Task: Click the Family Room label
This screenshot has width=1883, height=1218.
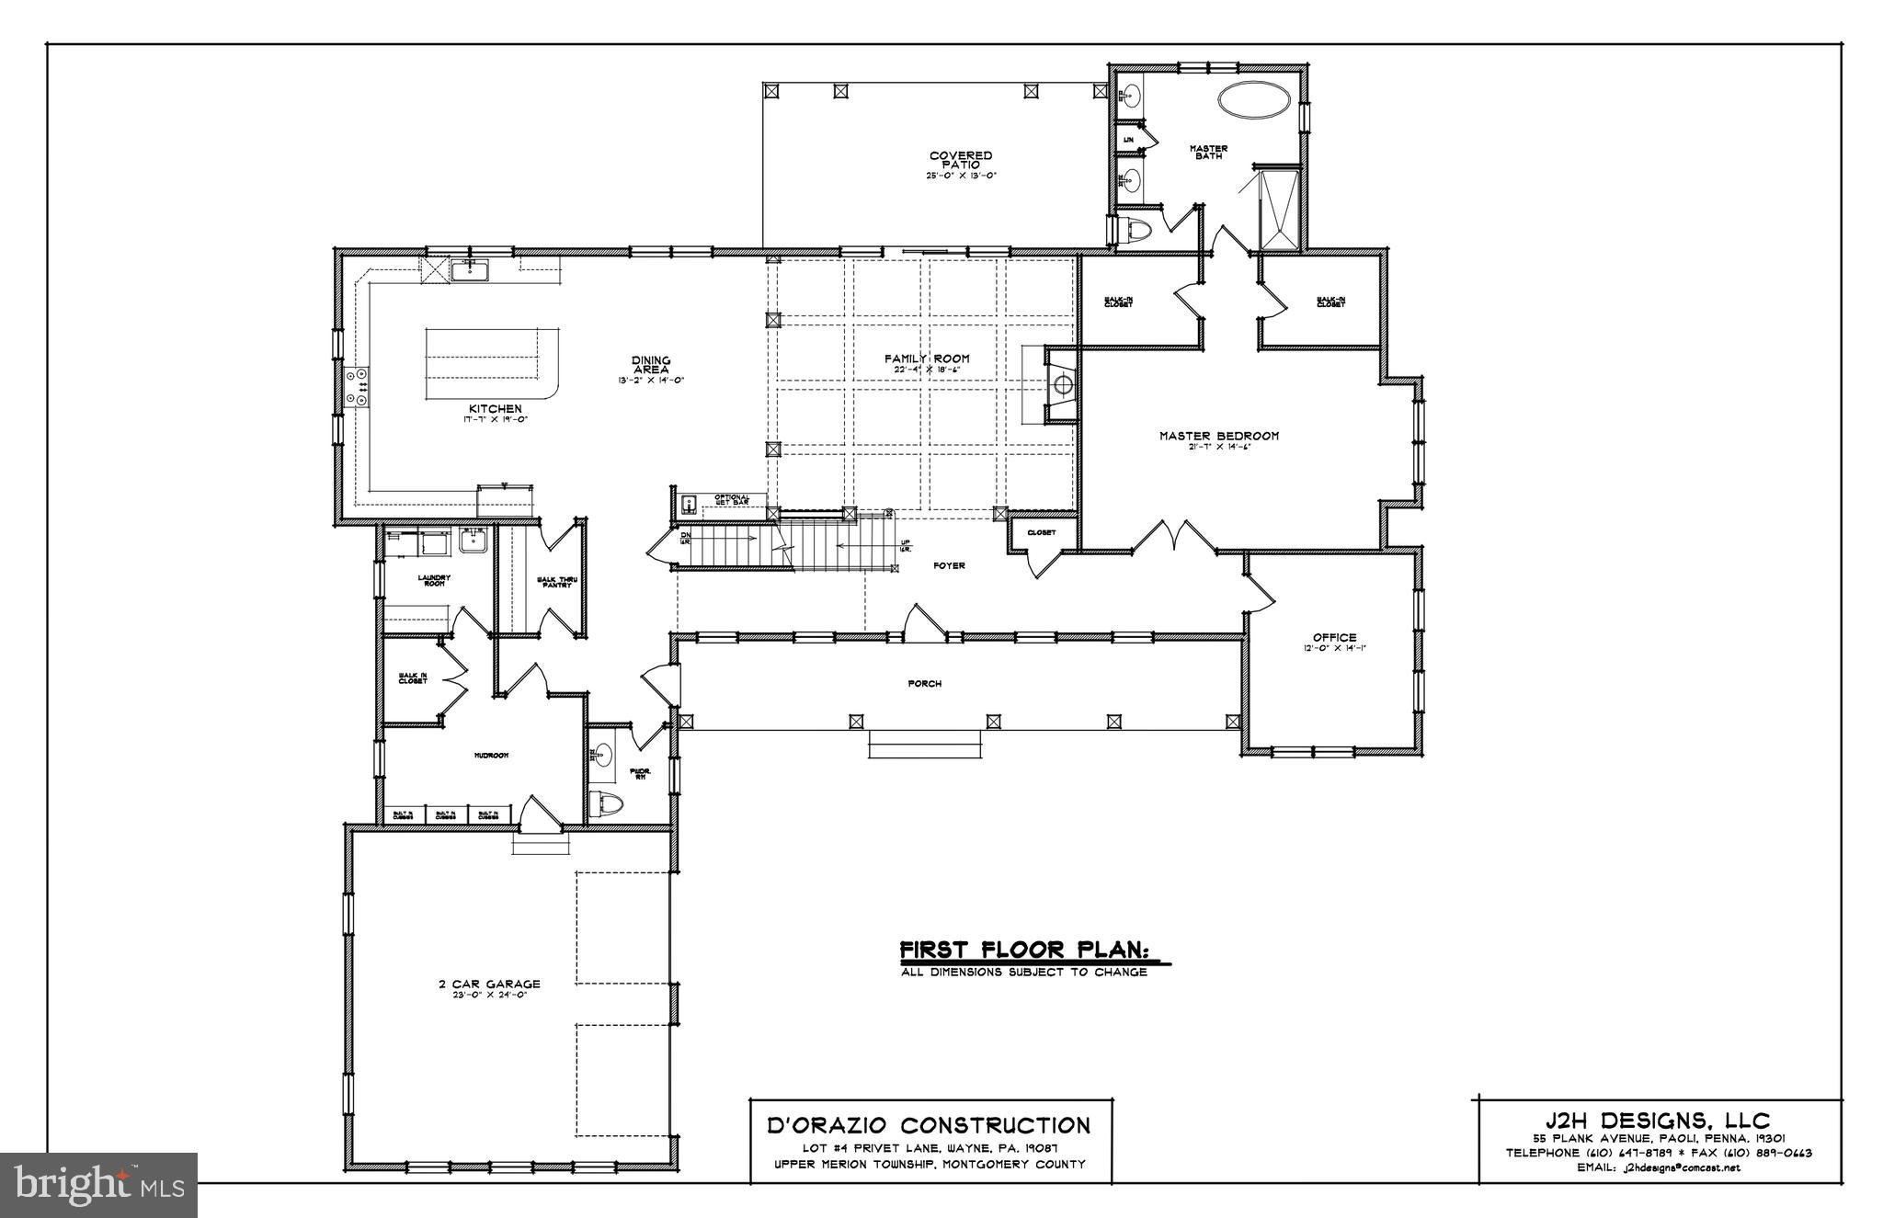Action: pos(927,359)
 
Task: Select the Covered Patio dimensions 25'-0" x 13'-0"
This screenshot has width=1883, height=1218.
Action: pos(961,176)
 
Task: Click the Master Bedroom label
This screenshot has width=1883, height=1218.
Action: pos(1218,436)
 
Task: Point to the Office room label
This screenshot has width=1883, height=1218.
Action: pos(1334,637)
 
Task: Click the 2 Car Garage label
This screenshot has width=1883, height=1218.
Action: pos(488,984)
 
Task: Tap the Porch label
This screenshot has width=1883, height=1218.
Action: pos(924,683)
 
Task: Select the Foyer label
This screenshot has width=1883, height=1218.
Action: pos(948,565)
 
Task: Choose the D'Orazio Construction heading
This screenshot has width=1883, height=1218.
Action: pos(929,1125)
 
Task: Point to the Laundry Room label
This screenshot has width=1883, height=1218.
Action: pos(434,580)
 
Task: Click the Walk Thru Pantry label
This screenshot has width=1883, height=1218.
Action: pos(554,582)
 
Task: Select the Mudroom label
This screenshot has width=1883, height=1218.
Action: pos(491,755)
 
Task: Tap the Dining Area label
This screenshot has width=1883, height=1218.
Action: pos(651,365)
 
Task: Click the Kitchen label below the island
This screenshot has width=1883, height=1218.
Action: pos(496,408)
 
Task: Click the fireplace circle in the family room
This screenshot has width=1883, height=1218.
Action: pos(1063,383)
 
